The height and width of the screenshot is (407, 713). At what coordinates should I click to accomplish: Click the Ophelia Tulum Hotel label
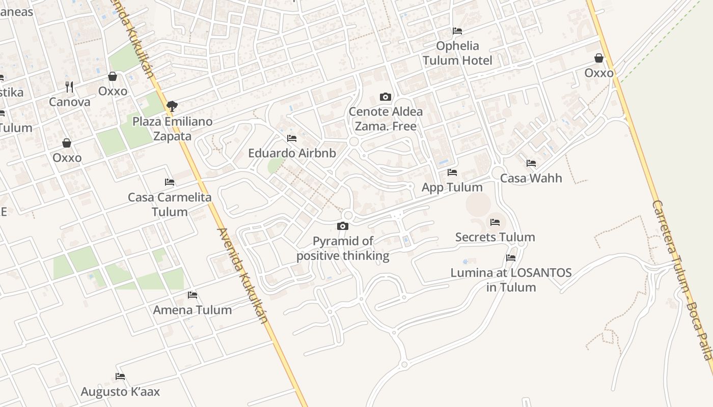coord(457,53)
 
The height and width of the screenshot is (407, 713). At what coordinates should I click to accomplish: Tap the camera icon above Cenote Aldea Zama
coord(386,97)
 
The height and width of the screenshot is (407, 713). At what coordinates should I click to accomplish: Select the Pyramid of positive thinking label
coord(343,248)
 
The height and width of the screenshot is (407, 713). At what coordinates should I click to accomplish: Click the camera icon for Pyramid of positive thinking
coord(343,226)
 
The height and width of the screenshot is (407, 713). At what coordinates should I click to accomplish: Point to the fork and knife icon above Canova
coord(69,87)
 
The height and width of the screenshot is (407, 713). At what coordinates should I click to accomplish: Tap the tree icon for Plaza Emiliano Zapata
coord(172,106)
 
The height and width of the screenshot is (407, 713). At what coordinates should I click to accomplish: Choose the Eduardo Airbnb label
coord(292,153)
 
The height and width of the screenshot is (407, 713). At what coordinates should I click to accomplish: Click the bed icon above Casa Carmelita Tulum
coord(170,182)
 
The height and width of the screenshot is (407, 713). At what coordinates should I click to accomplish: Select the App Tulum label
coord(452,187)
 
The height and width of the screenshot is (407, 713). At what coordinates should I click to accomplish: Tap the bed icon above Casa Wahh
coord(531,163)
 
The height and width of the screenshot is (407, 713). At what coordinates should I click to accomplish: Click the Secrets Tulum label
coord(495,237)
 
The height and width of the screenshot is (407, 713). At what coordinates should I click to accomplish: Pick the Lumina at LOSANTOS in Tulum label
coord(511,280)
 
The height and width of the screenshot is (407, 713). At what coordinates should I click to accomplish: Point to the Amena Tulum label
coord(193,310)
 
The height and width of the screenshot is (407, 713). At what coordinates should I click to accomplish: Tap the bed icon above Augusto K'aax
coord(120,376)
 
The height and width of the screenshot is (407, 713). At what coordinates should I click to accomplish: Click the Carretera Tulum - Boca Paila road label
coord(683,280)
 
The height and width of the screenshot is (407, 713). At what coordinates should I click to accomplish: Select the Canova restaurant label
coord(70,102)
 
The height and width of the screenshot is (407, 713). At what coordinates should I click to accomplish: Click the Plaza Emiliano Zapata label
coord(172,129)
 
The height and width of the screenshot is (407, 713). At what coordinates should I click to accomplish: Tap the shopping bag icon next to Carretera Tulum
coord(599,58)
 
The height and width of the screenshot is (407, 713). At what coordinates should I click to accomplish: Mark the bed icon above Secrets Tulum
coord(495,222)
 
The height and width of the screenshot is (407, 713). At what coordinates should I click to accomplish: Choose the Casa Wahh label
coord(531,178)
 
